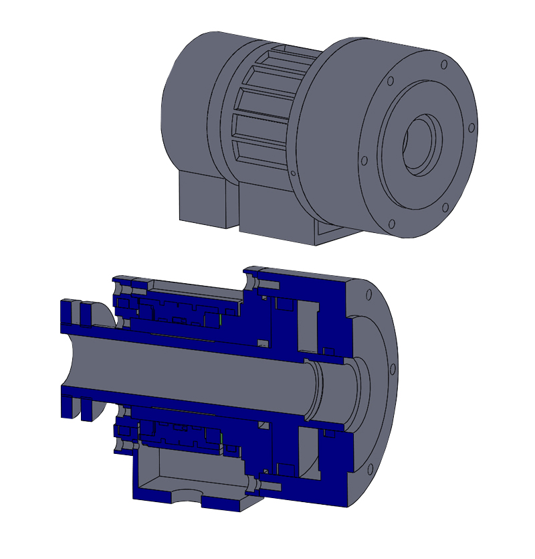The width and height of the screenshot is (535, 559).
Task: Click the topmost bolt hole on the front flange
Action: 443,65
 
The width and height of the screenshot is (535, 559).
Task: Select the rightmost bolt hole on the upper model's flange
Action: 471,127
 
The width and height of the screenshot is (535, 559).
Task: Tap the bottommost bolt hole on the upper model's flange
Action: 393,224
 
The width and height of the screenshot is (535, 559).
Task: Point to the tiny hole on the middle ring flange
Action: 293,173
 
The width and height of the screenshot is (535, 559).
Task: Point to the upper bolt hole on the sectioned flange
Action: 368,294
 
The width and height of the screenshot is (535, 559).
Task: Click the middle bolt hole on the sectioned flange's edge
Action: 390,370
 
